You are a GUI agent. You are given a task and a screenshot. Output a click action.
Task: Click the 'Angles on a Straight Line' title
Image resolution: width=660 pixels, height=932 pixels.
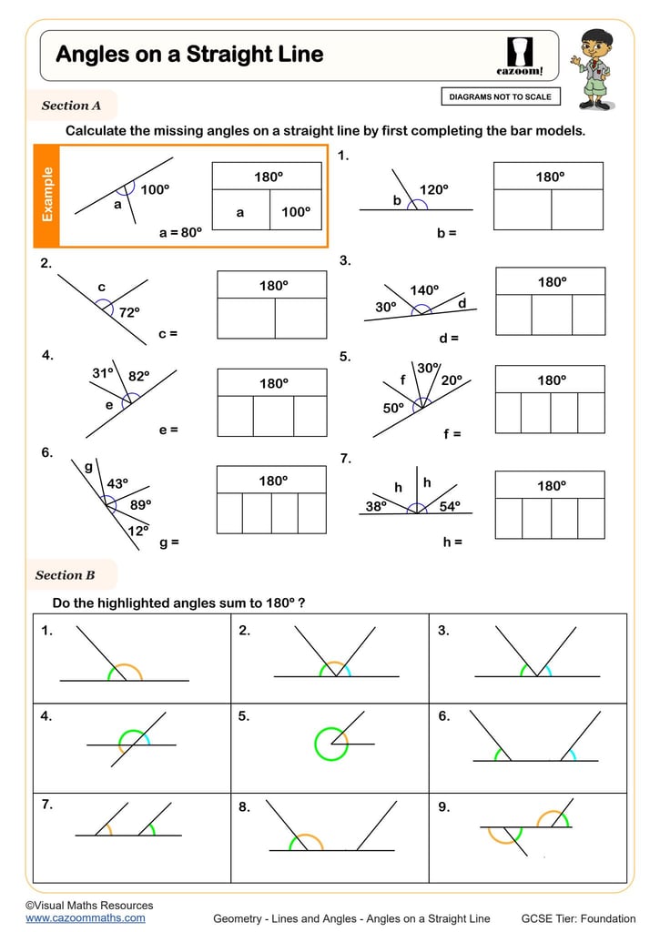point(189,55)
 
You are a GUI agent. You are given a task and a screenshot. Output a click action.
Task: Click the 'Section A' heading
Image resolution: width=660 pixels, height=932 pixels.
point(71,106)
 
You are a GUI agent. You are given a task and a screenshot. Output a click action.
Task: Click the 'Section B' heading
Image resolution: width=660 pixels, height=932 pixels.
point(66,575)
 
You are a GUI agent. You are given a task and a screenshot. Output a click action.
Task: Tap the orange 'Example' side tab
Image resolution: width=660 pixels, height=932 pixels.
point(46,195)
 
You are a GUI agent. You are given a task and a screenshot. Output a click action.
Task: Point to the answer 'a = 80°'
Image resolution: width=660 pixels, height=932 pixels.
point(180,233)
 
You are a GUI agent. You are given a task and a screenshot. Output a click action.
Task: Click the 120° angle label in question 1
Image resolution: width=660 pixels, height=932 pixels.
point(433,189)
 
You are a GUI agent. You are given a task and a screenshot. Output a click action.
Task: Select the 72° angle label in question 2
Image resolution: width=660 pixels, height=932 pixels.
point(129,312)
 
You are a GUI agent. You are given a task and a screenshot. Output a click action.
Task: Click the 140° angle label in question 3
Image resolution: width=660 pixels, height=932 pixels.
point(424,290)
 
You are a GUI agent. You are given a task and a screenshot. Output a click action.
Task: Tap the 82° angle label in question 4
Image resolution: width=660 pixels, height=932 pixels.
point(138,375)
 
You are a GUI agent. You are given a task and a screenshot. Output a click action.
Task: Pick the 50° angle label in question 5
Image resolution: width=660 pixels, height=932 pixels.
point(393,409)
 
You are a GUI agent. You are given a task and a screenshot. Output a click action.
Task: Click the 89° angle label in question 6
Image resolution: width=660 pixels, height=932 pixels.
point(140,503)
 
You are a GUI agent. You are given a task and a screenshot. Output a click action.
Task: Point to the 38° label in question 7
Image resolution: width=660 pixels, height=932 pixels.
point(376,507)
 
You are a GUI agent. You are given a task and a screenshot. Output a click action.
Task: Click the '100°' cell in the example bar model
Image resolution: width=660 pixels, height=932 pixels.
point(295,212)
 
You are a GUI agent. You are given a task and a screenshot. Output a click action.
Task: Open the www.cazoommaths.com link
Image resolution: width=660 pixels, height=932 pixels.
point(85,918)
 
